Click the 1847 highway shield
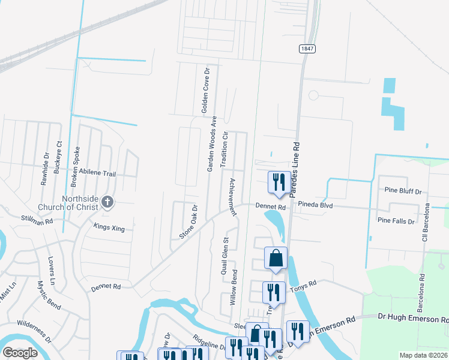click(x=306, y=48)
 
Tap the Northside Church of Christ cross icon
click(x=107, y=202)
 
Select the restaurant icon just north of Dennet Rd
click(x=279, y=181)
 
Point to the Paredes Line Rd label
click(x=296, y=170)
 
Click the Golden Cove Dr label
click(x=205, y=91)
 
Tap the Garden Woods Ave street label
click(x=211, y=144)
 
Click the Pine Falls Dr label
click(x=396, y=221)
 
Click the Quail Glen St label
click(x=226, y=256)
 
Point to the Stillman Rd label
click(x=37, y=220)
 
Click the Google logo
click(x=20, y=353)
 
